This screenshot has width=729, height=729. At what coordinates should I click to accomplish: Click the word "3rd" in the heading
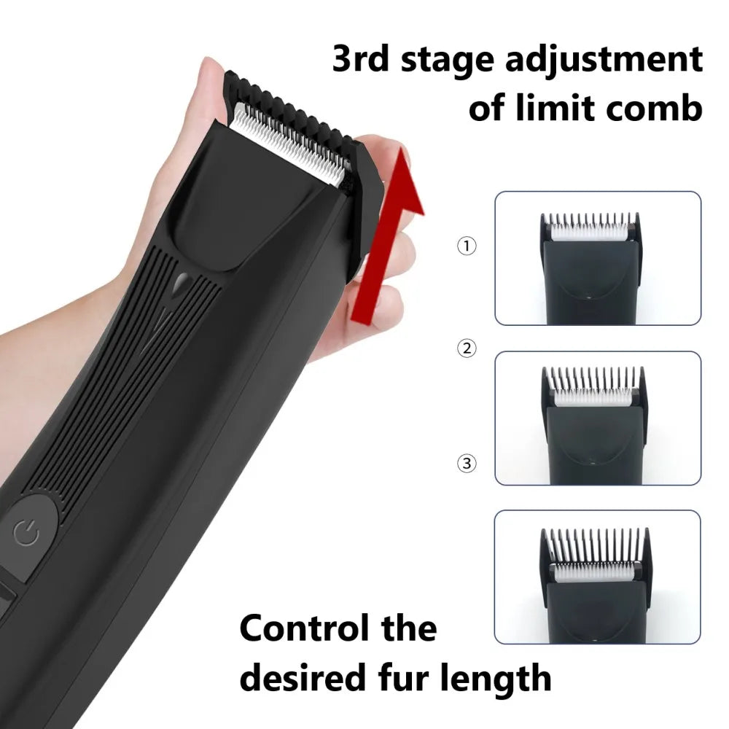[x=360, y=59]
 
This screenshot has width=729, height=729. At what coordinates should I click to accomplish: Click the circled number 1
[x=467, y=246]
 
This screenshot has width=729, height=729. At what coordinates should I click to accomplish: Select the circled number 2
[x=467, y=348]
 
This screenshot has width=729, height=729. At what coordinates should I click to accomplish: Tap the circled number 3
[x=467, y=463]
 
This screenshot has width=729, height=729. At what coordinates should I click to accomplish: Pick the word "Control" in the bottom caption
[x=305, y=628]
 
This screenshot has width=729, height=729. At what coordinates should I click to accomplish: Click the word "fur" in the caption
[x=406, y=678]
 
